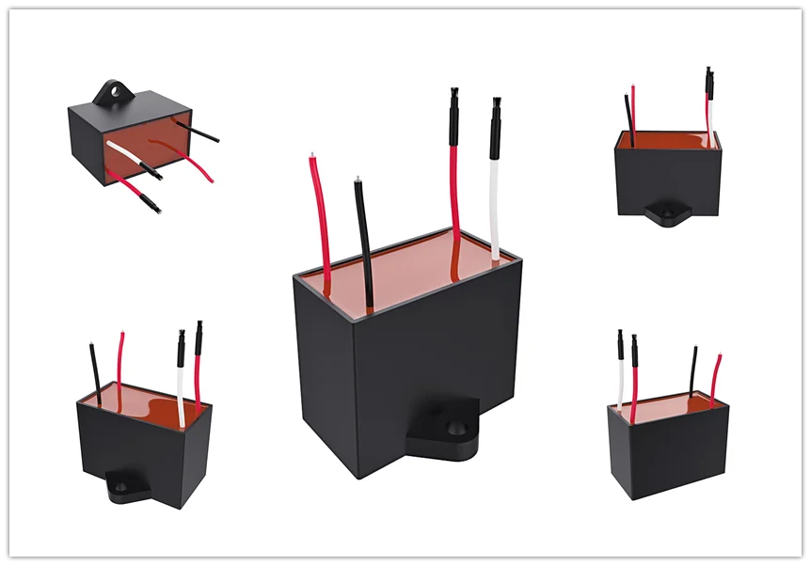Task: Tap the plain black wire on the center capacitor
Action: (363, 244)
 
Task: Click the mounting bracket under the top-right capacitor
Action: (671, 214)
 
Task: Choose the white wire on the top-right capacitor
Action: (711, 122)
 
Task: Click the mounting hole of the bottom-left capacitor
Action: (121, 486)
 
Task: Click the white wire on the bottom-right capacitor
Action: (621, 385)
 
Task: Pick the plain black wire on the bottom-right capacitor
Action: (693, 371)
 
